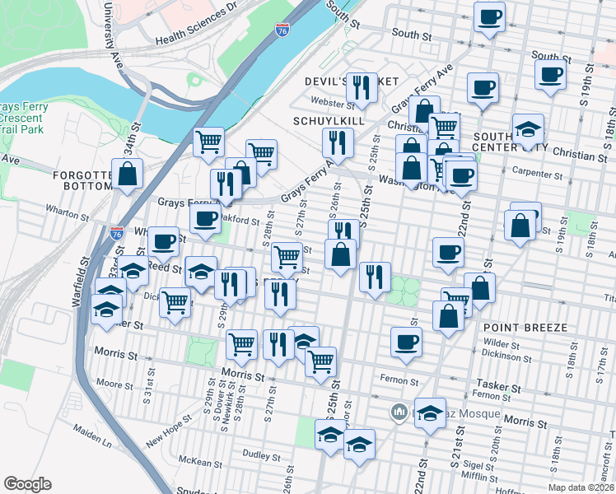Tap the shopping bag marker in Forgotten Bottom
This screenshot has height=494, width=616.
point(128,174)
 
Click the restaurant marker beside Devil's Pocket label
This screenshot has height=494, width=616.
point(362,88)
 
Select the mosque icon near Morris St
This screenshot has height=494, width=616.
point(399,410)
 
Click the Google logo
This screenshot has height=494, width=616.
point(26,484)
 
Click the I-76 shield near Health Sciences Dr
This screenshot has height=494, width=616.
point(282,30)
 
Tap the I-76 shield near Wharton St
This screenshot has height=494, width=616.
point(116,233)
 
